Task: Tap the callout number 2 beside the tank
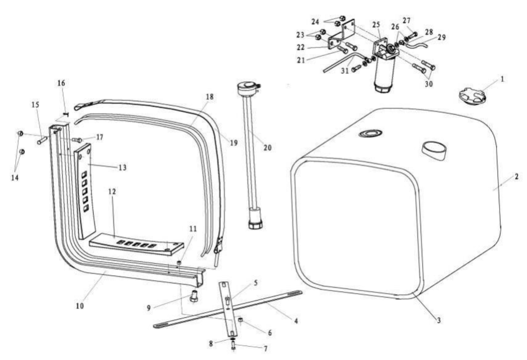pos(516,177)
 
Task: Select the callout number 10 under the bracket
pos(80,306)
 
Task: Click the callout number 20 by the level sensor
pos(267,148)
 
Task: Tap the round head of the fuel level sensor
pos(247,85)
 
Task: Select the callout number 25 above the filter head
pos(376,25)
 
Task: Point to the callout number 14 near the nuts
pos(14,178)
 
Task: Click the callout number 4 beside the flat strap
pos(296,321)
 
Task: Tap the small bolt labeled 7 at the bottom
pos(234,345)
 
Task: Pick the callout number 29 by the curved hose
pos(441,38)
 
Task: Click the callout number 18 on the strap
pos(210,97)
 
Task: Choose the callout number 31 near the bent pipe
pos(345,71)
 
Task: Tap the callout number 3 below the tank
pos(439,320)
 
